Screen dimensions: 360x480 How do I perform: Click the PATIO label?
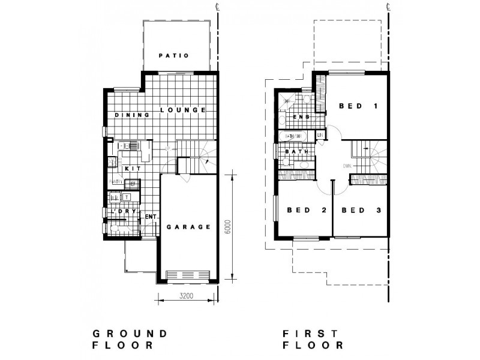(174, 56)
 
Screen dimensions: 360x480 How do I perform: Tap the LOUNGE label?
(184, 110)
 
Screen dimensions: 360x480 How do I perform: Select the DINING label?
(128, 115)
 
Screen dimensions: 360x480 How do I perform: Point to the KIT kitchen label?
(133, 169)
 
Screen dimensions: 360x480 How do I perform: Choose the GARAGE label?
(188, 227)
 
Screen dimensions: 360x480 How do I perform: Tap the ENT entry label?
(151, 217)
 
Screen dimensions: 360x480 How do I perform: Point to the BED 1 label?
(358, 106)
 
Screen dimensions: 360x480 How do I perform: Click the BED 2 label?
(306, 210)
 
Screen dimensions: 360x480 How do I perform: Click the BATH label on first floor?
(296, 152)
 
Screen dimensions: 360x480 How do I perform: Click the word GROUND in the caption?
(129, 333)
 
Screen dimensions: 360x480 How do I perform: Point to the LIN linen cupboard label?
(320, 136)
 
